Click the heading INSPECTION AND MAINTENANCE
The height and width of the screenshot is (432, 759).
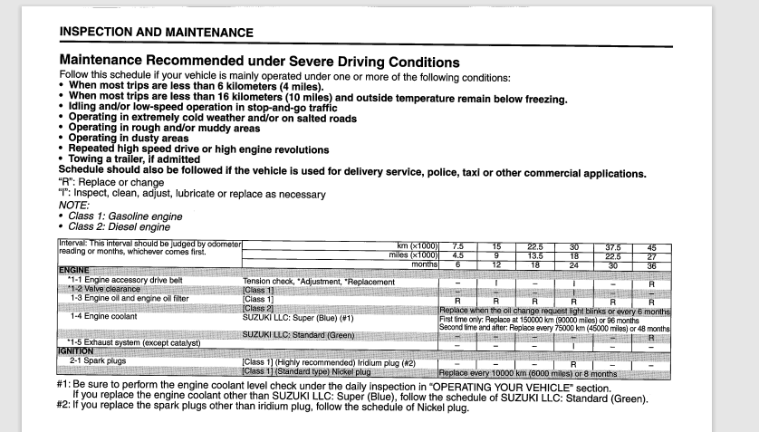(x=157, y=32)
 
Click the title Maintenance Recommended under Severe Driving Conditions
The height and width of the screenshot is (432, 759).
(x=259, y=62)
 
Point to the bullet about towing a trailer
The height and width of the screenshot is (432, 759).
(x=139, y=159)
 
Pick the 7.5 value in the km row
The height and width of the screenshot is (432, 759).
(x=458, y=246)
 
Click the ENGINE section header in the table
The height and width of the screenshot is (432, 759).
(x=76, y=272)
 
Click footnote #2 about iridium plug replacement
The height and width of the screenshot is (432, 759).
(x=263, y=407)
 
